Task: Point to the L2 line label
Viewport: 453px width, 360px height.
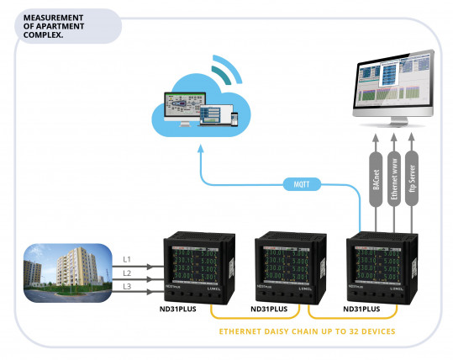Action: click(x=125, y=273)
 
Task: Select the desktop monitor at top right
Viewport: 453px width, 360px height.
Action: click(x=392, y=88)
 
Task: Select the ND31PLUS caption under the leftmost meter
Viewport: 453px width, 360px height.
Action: click(x=180, y=310)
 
